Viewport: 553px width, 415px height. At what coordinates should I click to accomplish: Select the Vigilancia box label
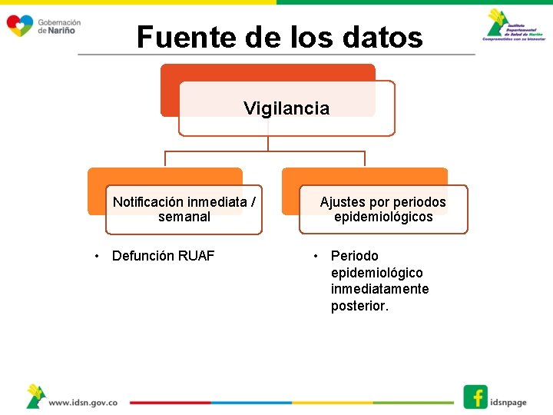(x=286, y=108)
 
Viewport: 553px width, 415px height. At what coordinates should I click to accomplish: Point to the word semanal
(x=184, y=217)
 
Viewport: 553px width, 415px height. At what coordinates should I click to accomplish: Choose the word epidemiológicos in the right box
(x=383, y=217)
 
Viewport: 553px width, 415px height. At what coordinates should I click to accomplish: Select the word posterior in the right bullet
(x=359, y=306)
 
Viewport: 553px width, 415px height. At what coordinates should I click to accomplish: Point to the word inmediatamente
(x=379, y=289)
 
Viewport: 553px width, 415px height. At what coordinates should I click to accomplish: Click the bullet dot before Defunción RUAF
(x=96, y=256)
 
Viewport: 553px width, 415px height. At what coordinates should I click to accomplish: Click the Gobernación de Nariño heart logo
(x=19, y=25)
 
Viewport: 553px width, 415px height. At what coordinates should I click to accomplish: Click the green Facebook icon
(x=475, y=397)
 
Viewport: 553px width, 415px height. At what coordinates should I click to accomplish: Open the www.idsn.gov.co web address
(x=82, y=402)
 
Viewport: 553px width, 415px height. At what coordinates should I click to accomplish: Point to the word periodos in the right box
(x=422, y=202)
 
